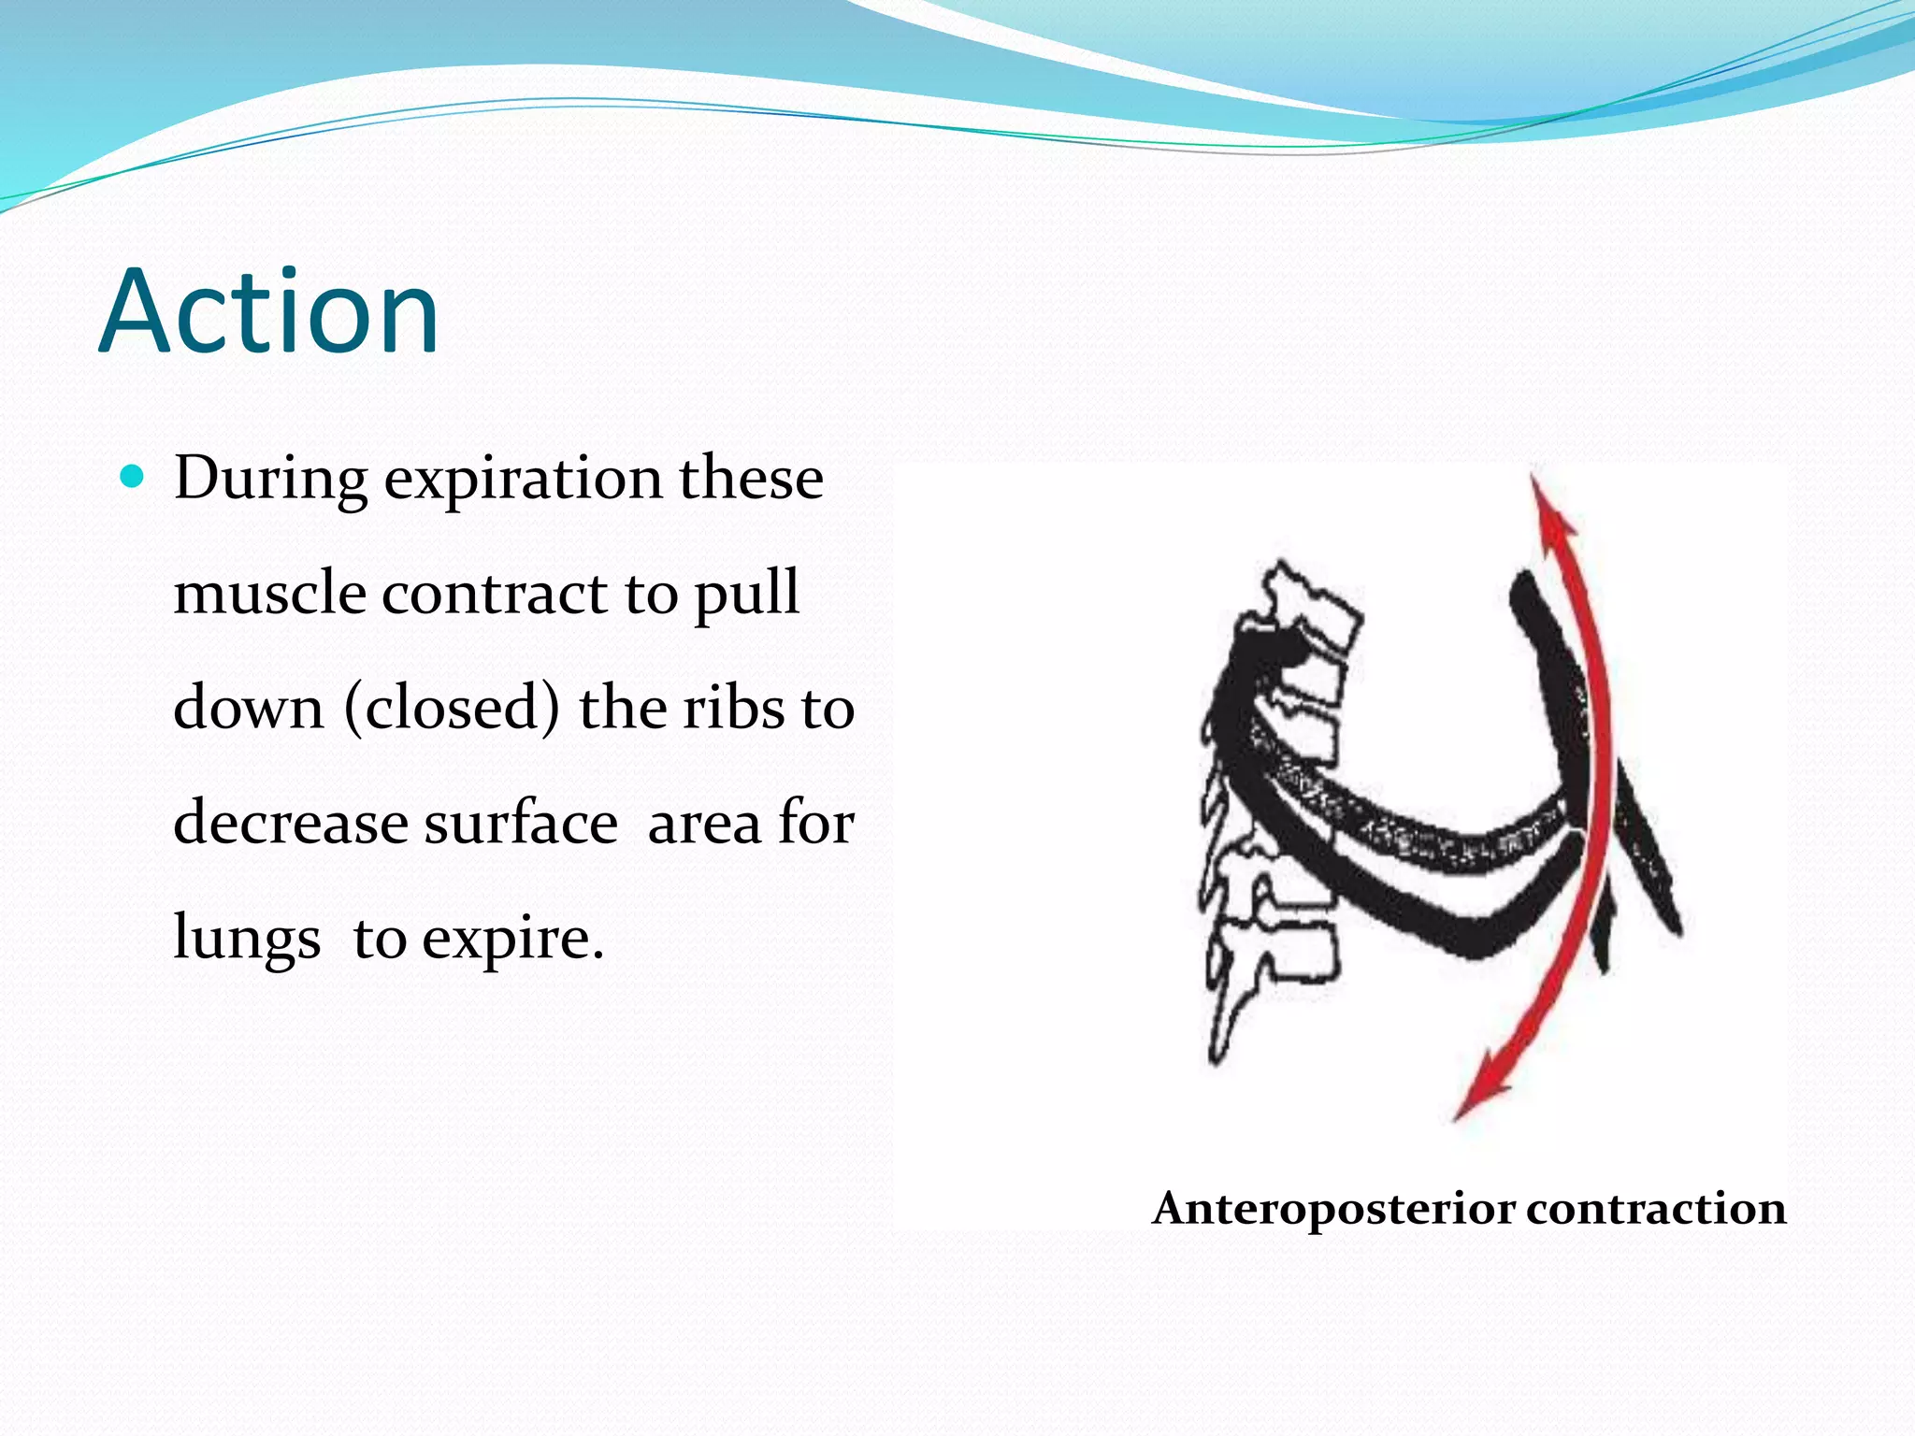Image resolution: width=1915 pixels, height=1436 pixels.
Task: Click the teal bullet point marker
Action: point(133,478)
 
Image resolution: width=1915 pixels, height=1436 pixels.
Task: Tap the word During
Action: point(270,480)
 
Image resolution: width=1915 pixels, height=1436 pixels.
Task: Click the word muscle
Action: point(269,594)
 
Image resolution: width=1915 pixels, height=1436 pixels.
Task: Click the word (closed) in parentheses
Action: point(453,708)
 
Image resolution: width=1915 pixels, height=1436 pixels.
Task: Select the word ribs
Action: point(733,708)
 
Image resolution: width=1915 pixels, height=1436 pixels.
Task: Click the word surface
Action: point(520,823)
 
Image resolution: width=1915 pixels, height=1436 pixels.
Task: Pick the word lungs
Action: point(247,939)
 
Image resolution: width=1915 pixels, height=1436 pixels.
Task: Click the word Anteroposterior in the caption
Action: point(1333,1209)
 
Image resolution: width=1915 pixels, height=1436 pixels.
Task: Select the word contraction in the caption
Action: point(1656,1209)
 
